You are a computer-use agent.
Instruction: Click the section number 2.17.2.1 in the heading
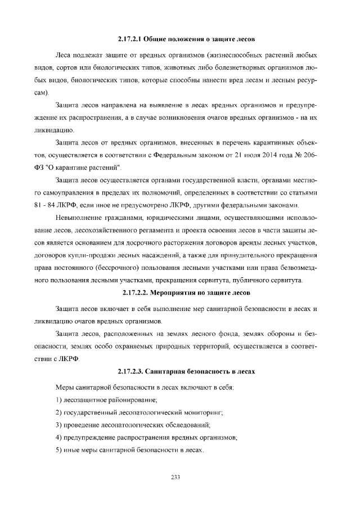pos(130,39)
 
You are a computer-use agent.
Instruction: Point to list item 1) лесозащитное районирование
pos(106,400)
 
